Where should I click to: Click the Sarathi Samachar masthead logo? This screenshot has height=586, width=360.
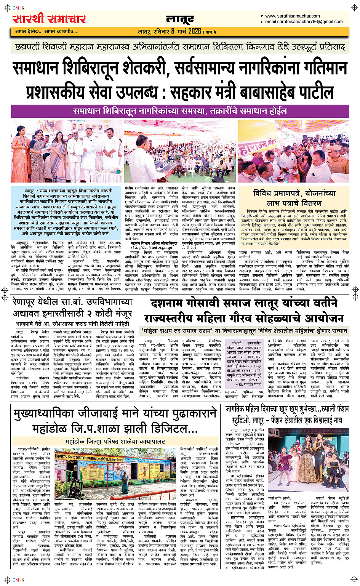point(50,19)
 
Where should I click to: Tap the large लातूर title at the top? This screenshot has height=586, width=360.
point(180,19)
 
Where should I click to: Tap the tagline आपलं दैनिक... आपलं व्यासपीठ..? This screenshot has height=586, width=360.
point(46,31)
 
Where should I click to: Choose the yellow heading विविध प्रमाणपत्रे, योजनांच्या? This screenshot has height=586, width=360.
point(294,193)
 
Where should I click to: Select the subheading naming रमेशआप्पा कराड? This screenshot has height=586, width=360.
point(72,323)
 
